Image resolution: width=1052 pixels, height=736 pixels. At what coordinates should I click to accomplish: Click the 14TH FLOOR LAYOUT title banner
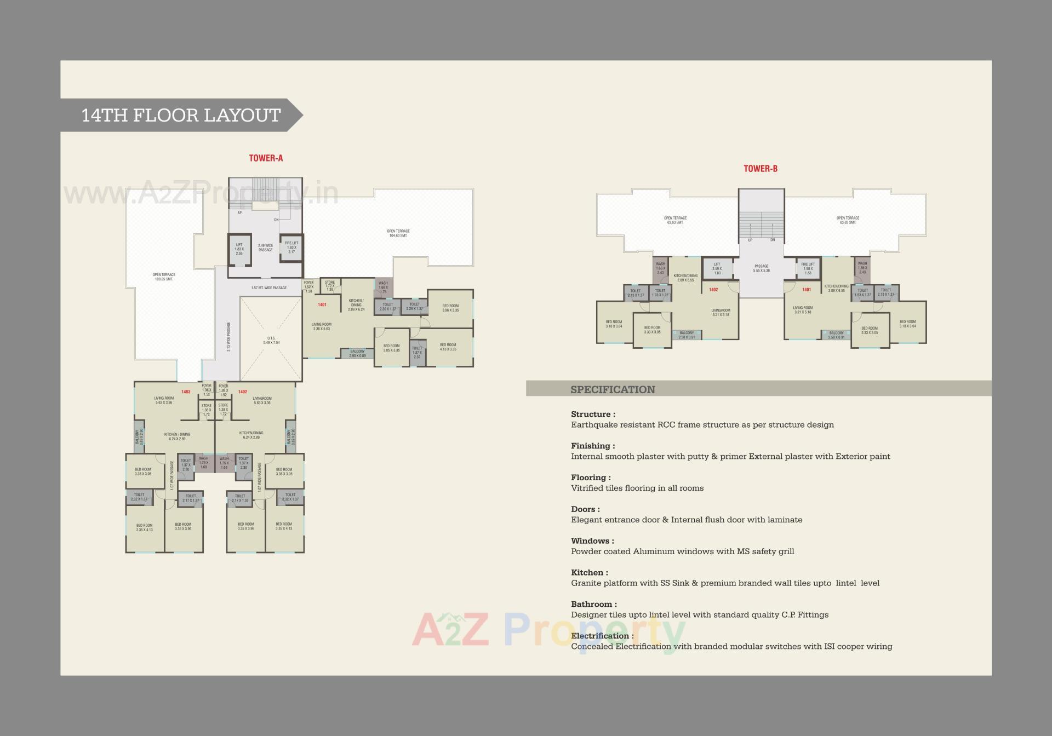click(181, 115)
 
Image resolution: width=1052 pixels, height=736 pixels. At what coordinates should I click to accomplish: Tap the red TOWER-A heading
click(266, 158)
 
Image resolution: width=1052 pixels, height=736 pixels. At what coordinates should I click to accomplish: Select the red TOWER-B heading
click(761, 169)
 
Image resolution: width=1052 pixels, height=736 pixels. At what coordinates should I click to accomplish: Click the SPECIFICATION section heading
click(613, 389)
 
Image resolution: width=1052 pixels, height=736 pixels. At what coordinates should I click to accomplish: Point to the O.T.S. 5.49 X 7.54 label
click(271, 340)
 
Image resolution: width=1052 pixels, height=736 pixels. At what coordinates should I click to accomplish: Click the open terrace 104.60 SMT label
click(398, 233)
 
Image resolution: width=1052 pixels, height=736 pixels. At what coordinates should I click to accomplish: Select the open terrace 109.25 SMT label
click(164, 277)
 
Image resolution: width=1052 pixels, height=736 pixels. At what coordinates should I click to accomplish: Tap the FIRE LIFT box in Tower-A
click(291, 248)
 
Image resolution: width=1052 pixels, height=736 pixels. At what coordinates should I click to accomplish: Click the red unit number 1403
click(186, 392)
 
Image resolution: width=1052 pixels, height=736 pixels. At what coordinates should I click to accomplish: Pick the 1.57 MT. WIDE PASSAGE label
click(268, 287)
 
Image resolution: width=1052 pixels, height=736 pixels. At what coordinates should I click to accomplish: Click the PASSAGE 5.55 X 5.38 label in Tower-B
click(762, 268)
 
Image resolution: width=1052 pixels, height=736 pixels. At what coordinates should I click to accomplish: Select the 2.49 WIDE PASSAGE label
click(265, 248)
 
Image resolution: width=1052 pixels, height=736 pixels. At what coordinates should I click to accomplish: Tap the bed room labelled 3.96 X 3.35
click(450, 308)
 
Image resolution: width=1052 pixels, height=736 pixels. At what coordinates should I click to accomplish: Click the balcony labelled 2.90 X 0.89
click(357, 354)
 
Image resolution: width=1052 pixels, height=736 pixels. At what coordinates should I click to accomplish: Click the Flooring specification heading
click(591, 478)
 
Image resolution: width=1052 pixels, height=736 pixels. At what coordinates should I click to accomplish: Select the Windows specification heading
click(592, 541)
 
